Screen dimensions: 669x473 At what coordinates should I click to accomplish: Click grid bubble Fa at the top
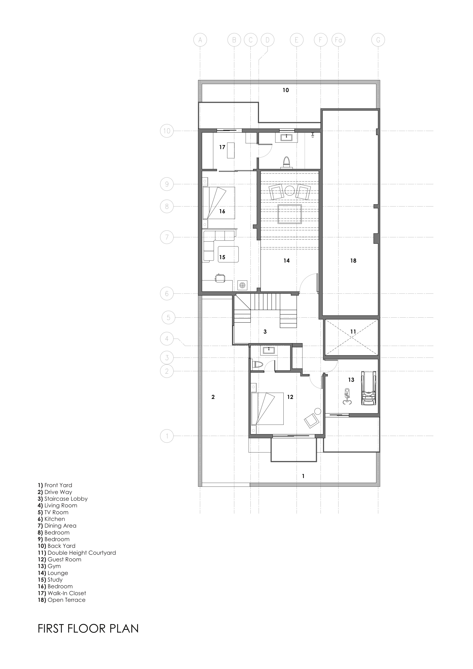tap(338, 40)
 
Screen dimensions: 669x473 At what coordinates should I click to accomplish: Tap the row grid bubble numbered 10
tap(167, 131)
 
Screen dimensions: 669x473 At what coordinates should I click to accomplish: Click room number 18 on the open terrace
tap(353, 261)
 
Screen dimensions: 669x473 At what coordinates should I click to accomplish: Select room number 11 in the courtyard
tap(353, 332)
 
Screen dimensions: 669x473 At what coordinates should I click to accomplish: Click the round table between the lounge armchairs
tap(290, 190)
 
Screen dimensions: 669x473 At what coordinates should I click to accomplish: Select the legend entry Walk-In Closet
tap(62, 593)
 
